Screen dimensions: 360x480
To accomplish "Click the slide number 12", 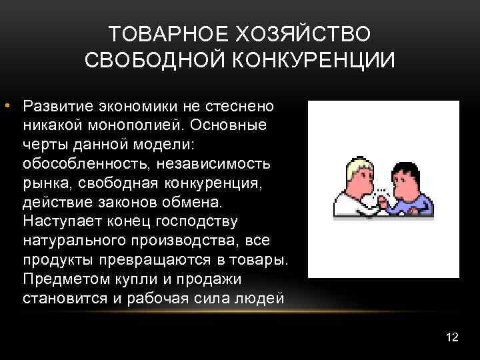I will click(451, 337).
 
